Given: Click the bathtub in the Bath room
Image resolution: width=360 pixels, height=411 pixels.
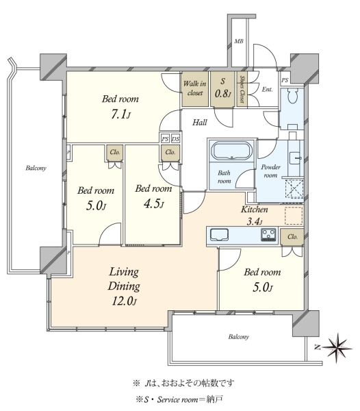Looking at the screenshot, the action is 231,151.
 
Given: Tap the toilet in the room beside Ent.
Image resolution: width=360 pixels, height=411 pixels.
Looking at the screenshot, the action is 292,96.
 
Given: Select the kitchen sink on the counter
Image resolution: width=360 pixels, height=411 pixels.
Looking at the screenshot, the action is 220,234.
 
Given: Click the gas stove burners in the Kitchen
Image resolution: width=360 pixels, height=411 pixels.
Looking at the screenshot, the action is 268,234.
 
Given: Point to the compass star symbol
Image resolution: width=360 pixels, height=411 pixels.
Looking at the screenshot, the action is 337,348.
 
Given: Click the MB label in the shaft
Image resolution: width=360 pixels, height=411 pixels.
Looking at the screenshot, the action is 238,41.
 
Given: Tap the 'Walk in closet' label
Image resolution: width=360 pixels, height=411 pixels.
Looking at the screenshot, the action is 195,88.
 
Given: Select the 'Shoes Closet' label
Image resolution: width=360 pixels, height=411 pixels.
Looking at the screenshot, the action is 242,89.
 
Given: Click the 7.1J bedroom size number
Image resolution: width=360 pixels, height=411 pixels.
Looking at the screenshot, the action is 120,114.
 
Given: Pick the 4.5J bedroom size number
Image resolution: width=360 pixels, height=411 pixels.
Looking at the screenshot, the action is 154,203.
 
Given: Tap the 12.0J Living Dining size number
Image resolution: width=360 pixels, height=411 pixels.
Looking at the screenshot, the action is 125,301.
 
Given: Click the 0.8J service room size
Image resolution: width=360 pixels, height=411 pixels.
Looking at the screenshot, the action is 223,93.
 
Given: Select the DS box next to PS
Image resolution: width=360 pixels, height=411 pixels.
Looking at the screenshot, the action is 176,138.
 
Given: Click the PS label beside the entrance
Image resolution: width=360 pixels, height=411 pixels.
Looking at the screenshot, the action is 285,80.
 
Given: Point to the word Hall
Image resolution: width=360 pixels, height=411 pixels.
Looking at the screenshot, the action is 200,123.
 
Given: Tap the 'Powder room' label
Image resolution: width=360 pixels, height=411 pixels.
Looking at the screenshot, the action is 270,171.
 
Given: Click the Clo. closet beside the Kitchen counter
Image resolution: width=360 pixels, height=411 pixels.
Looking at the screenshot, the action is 292,237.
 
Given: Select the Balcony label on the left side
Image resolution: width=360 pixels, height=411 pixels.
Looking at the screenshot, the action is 36,168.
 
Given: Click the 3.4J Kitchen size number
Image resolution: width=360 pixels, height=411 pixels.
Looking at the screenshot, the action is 254,222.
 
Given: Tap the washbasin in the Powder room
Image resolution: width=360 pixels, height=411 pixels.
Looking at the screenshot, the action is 296,158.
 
